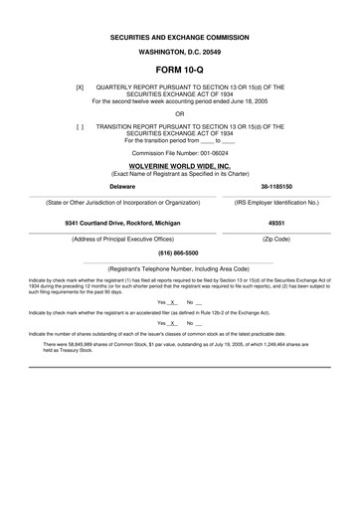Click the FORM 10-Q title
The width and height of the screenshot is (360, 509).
click(x=179, y=71)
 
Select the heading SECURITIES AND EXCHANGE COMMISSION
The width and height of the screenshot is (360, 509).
click(x=179, y=38)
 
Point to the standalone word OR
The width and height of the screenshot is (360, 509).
click(x=179, y=113)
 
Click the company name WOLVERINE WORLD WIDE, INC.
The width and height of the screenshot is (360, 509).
click(x=179, y=166)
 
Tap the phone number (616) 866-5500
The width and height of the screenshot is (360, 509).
click(x=179, y=254)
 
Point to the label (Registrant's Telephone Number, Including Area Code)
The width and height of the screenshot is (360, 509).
click(x=179, y=268)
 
